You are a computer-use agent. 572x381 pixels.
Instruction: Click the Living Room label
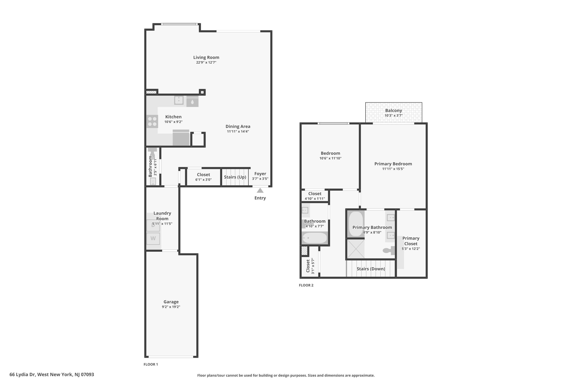(206, 57)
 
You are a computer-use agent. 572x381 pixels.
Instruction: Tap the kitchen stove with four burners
(152, 121)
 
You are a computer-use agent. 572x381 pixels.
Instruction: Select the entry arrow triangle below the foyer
(260, 190)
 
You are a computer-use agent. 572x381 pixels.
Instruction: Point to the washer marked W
(153, 239)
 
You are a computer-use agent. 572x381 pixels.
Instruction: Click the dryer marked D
(153, 226)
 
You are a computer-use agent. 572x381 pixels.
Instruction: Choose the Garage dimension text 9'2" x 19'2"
(171, 307)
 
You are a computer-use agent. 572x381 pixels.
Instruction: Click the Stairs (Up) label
(235, 177)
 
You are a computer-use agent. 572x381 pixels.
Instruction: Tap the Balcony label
(394, 111)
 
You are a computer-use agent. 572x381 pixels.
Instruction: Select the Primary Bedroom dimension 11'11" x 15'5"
(393, 169)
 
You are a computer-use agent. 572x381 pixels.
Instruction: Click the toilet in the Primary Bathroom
(389, 251)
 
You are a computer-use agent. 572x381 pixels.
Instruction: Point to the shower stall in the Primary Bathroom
(356, 249)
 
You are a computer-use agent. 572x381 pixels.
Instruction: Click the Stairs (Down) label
(371, 269)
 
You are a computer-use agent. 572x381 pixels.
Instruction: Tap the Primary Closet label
(411, 241)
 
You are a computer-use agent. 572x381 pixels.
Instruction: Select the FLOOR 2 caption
(306, 285)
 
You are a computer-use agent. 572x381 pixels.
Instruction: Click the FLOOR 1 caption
(151, 364)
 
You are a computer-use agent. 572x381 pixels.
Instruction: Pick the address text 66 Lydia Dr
(22, 375)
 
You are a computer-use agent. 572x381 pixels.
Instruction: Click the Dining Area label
(238, 126)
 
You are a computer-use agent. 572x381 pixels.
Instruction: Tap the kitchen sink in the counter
(179, 100)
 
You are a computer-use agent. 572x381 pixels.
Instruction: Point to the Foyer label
(260, 174)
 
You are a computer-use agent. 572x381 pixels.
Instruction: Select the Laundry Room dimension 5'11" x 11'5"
(162, 224)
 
